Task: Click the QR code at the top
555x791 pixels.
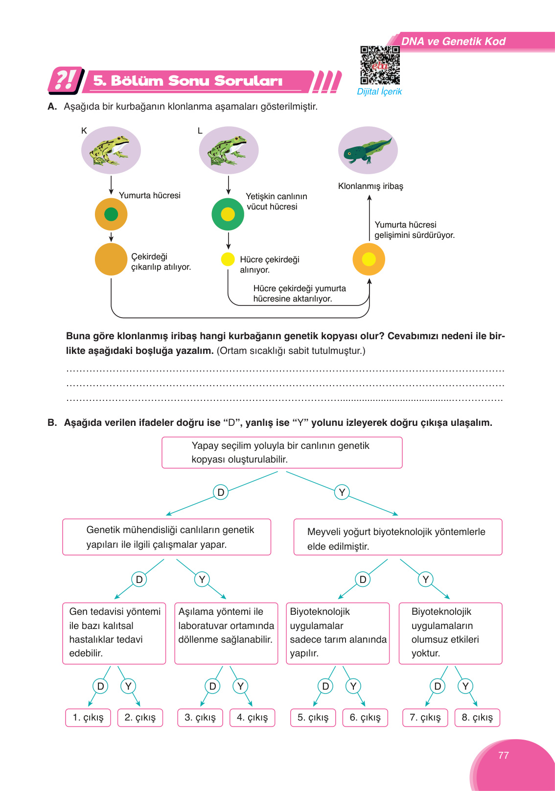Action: (x=380, y=65)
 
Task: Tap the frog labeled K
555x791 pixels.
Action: (x=111, y=150)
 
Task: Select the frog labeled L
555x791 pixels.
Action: (x=228, y=150)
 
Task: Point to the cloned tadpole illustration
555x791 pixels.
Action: (x=368, y=150)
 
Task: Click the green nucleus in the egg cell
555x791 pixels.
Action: (x=111, y=214)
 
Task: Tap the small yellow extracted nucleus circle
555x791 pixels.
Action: (x=228, y=259)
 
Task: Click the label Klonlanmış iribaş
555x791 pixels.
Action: (x=370, y=186)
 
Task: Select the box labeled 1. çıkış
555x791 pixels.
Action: (x=88, y=718)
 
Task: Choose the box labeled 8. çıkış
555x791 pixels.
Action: (x=477, y=718)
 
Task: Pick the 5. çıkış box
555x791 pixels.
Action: (x=313, y=718)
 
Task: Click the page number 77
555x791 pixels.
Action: (x=503, y=755)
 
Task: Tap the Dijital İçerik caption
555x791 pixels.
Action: (x=379, y=92)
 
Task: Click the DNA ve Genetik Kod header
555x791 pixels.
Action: (x=453, y=42)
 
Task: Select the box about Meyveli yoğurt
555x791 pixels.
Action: (x=397, y=537)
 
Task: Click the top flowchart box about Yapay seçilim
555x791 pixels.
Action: (x=282, y=453)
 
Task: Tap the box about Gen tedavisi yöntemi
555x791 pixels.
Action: (x=114, y=633)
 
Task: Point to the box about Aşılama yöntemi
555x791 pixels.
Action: (x=226, y=633)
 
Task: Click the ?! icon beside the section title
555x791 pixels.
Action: (x=65, y=80)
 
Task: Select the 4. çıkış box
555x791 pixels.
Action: (x=252, y=718)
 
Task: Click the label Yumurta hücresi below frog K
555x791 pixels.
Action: (x=149, y=195)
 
